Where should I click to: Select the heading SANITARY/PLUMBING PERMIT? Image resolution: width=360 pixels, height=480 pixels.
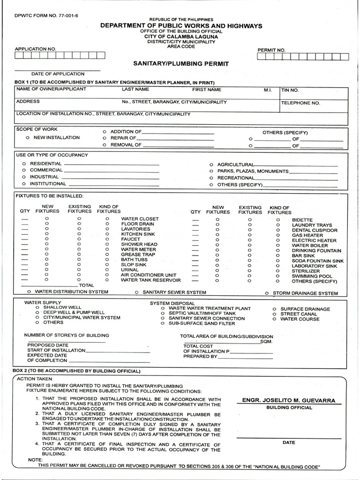point(181,63)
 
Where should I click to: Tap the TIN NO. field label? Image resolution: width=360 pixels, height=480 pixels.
point(289,90)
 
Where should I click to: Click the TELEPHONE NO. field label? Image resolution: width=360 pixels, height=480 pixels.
point(300,103)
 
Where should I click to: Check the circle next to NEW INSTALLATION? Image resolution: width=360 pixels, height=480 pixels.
point(28,138)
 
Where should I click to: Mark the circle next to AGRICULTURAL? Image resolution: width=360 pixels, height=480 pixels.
point(211,165)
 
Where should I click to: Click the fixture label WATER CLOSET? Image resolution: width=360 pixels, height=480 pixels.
point(140,219)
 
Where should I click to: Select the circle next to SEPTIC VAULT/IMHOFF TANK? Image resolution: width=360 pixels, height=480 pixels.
point(163,313)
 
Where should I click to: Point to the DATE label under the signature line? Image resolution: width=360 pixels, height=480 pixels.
point(289,442)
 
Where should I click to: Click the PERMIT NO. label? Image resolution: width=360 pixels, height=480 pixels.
point(271,50)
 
